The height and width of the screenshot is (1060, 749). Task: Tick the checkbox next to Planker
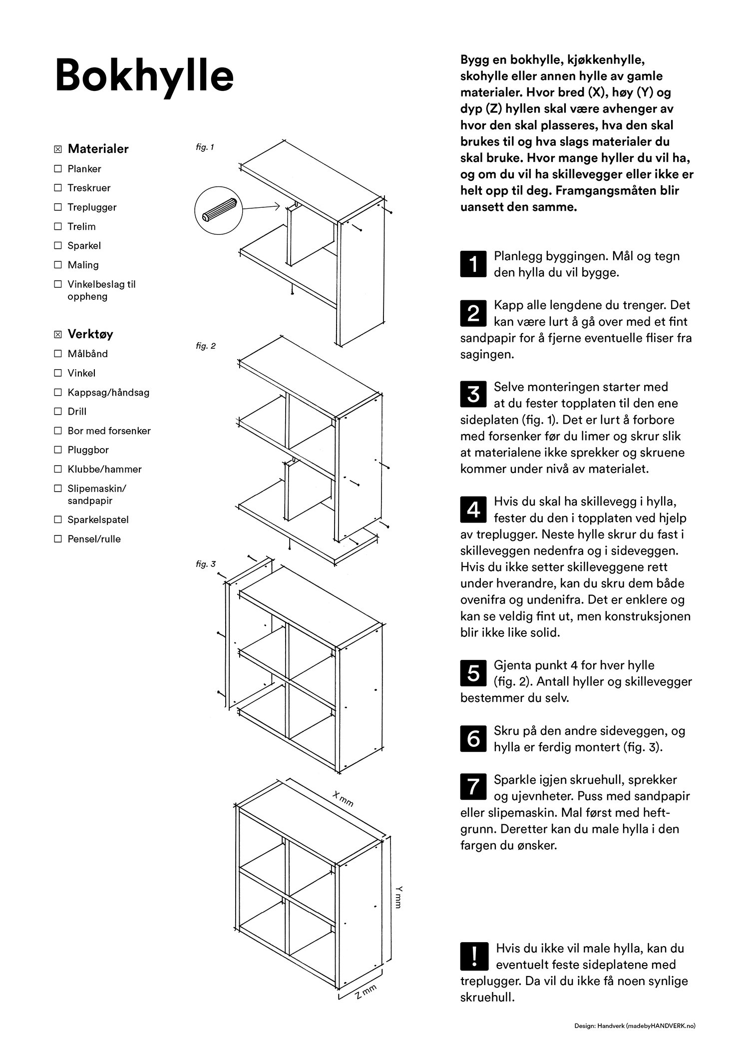pyautogui.click(x=58, y=169)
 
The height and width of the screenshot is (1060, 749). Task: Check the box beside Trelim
pyautogui.click(x=58, y=227)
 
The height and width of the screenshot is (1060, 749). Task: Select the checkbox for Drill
pyautogui.click(x=58, y=412)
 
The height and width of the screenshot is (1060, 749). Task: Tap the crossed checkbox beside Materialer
pyautogui.click(x=58, y=149)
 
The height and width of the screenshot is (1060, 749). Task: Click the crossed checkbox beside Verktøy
pyautogui.click(x=58, y=334)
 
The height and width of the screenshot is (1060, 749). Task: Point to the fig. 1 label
pyautogui.click(x=205, y=147)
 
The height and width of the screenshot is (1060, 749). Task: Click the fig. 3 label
pyautogui.click(x=206, y=564)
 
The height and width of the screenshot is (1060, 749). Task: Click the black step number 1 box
pyautogui.click(x=472, y=263)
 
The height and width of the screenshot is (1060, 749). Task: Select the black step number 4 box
pyautogui.click(x=472, y=509)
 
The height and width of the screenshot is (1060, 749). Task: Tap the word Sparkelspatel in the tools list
pyautogui.click(x=98, y=520)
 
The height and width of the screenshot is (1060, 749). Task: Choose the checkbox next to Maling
pyautogui.click(x=58, y=265)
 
